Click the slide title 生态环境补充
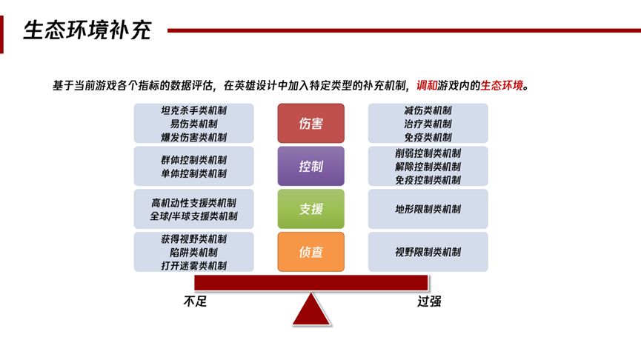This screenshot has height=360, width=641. [x=87, y=30]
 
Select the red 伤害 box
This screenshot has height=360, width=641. [x=310, y=123]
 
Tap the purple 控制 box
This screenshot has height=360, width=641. [x=310, y=166]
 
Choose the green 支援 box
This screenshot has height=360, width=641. [x=310, y=209]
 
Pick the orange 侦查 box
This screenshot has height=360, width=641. [x=310, y=252]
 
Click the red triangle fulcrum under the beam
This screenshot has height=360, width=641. [x=311, y=310]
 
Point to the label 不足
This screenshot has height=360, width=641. [x=195, y=301]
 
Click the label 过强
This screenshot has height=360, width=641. [x=429, y=301]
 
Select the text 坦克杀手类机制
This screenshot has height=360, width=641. [x=193, y=110]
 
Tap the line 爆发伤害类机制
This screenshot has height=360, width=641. [x=193, y=137]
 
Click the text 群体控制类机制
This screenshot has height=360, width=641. [x=193, y=160]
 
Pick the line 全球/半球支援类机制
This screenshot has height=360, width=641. [x=193, y=216]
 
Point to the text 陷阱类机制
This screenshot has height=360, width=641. [x=193, y=252]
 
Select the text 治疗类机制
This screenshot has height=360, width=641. [x=428, y=124]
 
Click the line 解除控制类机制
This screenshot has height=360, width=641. [x=428, y=167]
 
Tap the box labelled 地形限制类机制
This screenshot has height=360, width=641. [x=428, y=209]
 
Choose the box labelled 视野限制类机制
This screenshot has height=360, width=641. [x=428, y=252]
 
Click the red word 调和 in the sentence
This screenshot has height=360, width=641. [x=427, y=85]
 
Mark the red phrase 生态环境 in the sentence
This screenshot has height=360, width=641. [x=502, y=85]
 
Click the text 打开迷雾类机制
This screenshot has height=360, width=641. [x=193, y=266]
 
